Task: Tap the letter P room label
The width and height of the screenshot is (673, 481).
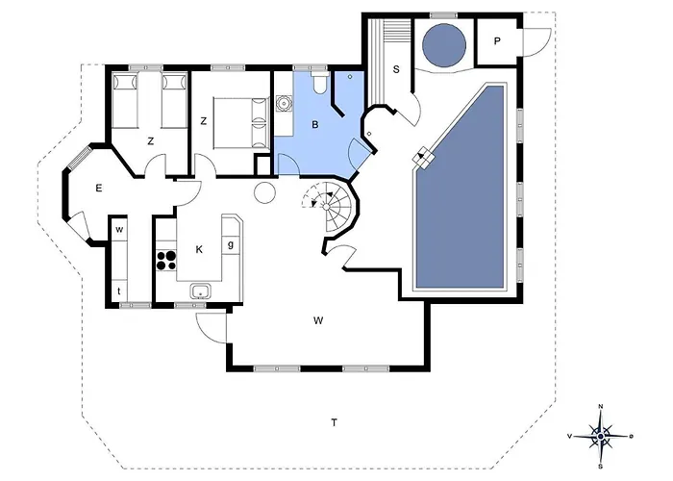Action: click(x=497, y=41)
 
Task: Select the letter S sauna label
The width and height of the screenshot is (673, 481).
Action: click(x=396, y=69)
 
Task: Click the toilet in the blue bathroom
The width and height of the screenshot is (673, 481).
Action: click(x=319, y=84)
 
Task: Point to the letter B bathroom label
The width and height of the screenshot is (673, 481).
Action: click(x=315, y=125)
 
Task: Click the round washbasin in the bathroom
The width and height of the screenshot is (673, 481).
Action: click(x=284, y=104)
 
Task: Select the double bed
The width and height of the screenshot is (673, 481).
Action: click(x=240, y=123)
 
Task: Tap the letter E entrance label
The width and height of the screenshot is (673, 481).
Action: click(x=99, y=189)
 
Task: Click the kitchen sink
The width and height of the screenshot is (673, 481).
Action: click(x=200, y=291)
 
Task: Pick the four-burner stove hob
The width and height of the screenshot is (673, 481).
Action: click(x=166, y=261)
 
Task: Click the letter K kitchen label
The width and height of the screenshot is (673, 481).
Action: click(x=199, y=249)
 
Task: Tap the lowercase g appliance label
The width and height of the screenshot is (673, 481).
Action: click(x=231, y=244)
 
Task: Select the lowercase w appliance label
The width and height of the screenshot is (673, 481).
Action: click(x=119, y=230)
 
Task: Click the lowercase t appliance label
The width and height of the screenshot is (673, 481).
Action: click(x=119, y=291)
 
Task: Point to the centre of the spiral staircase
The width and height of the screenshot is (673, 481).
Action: click(x=326, y=207)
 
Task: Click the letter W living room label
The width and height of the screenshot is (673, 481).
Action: click(x=318, y=320)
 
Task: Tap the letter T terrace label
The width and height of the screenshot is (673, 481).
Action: click(x=334, y=423)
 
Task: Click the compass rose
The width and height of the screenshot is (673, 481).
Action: click(x=601, y=437)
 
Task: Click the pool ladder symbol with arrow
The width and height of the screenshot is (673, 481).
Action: click(x=423, y=159)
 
